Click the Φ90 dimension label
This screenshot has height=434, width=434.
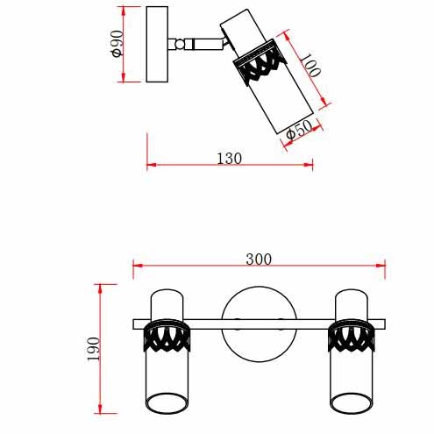point(117,44)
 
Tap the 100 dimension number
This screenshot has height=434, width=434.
point(310,65)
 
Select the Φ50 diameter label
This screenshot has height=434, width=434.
point(299,130)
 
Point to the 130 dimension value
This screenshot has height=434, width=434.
point(230,159)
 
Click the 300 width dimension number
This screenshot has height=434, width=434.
point(259,260)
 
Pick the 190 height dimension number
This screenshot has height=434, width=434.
point(94,349)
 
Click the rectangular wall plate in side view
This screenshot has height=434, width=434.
point(157,44)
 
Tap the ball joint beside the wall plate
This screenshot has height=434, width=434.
point(180,44)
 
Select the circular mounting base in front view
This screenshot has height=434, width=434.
point(260,324)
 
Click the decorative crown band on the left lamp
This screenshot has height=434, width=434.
point(167,336)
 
